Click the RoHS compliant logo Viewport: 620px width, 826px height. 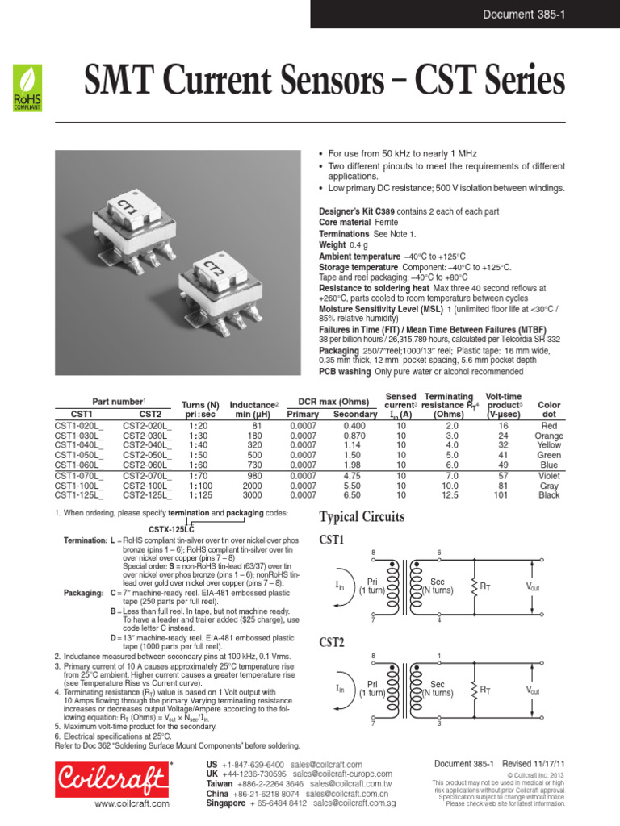[26, 87]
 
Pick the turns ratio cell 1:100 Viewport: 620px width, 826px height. [200, 486]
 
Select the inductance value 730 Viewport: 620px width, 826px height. [258, 465]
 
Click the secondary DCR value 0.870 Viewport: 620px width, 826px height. [354, 436]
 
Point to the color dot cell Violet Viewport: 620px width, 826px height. [549, 476]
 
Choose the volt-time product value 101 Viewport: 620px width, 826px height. [503, 495]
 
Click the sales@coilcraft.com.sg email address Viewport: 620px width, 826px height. [354, 803]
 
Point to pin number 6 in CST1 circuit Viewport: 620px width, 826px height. [439, 553]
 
